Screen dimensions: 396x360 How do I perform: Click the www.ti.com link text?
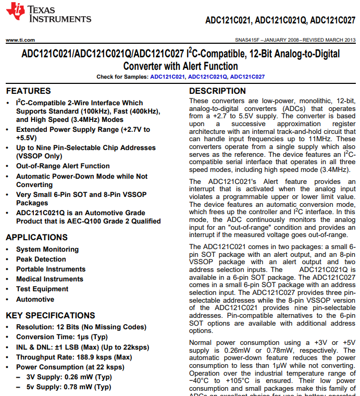[x=20, y=40]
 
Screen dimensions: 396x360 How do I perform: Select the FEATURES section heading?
[x=28, y=91]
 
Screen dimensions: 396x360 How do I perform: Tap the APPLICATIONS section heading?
[x=36, y=237]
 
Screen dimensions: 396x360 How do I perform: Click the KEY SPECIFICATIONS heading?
[x=51, y=315]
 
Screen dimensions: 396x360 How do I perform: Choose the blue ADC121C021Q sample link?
[x=207, y=77]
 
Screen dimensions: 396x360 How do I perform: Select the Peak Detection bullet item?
[x=41, y=259]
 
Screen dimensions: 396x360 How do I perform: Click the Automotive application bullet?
[x=35, y=300]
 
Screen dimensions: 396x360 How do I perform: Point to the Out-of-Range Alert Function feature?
[x=63, y=166]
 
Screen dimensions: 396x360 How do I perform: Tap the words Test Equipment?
[x=42, y=289]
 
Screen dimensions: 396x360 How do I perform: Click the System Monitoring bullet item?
[x=47, y=250]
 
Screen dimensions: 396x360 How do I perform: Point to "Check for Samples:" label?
[x=122, y=77]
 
